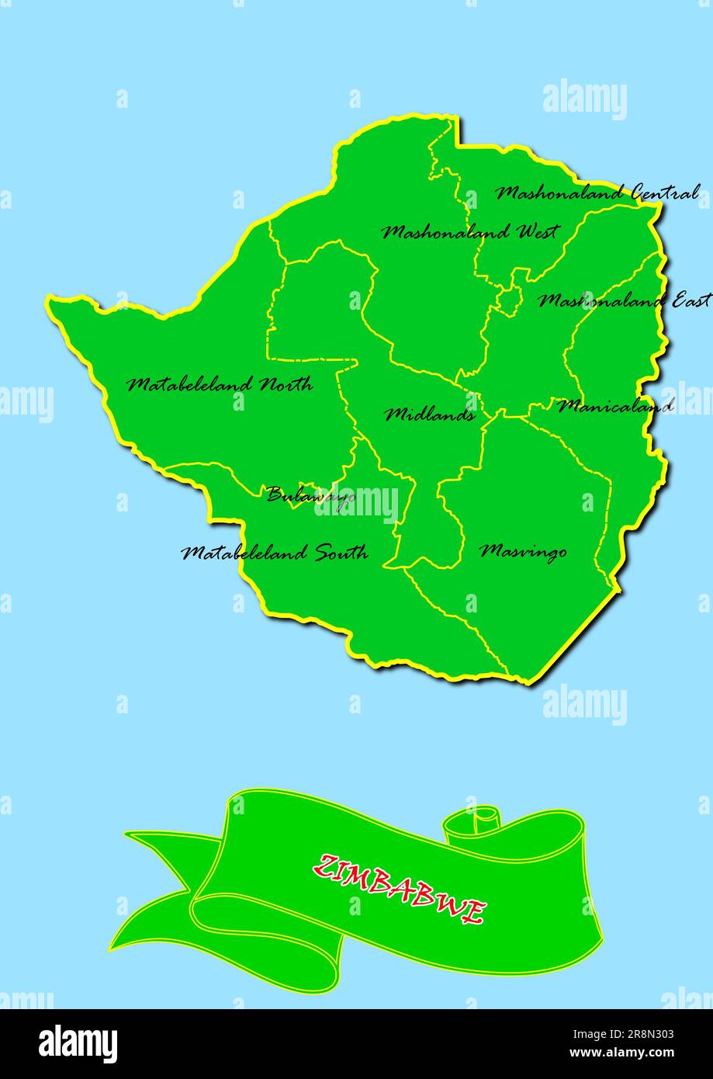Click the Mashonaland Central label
[x=597, y=193]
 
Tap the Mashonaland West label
[x=469, y=232]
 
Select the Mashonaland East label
[x=624, y=300]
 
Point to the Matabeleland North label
[x=220, y=384]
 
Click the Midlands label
[x=430, y=415]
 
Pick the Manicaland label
[x=615, y=405]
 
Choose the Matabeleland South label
[x=275, y=553]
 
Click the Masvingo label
[x=523, y=551]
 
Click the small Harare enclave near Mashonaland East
[x=509, y=300]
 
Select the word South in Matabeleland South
[x=341, y=553]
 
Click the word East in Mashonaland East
[x=690, y=300]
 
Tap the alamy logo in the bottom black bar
[x=78, y=1044]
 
